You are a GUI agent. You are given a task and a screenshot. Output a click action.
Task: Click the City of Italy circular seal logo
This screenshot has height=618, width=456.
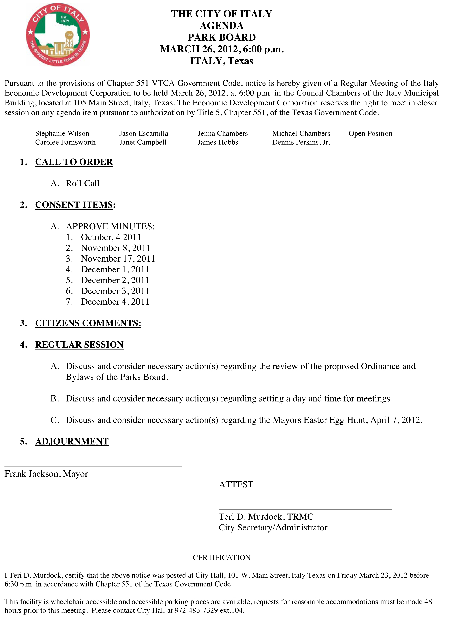pyautogui.click(x=58, y=34)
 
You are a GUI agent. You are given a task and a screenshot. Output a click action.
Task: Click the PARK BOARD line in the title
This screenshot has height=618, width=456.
pyautogui.click(x=222, y=37)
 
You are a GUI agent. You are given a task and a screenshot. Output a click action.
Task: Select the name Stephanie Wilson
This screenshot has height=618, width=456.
pyautogui.click(x=62, y=134)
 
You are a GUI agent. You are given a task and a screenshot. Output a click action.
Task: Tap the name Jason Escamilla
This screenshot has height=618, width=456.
pyautogui.click(x=144, y=134)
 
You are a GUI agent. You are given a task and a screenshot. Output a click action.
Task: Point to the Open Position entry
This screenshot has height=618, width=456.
pyautogui.click(x=370, y=134)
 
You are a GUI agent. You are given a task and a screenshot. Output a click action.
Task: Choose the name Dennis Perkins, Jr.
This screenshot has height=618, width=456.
pyautogui.click(x=301, y=142)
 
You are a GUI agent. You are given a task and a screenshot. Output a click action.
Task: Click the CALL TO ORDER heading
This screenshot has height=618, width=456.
pyautogui.click(x=74, y=162)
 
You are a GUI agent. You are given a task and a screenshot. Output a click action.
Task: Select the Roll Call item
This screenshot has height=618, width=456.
pyautogui.click(x=83, y=184)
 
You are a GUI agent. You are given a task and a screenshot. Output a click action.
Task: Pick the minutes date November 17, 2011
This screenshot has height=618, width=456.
pyautogui.click(x=118, y=259)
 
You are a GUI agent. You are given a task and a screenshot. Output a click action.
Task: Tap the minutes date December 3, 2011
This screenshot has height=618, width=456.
pyautogui.click(x=115, y=291)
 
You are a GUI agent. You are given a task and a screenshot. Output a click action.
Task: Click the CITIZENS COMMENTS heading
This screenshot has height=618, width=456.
pyautogui.click(x=88, y=323)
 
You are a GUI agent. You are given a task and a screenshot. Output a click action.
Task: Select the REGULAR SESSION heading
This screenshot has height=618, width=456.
pyautogui.click(x=79, y=345)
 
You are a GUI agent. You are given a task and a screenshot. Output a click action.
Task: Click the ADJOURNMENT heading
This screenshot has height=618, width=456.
pyautogui.click(x=72, y=442)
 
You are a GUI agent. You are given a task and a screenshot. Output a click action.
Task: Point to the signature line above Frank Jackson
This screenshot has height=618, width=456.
pyautogui.click(x=93, y=466)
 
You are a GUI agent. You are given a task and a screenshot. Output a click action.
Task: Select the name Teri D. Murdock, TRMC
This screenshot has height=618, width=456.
pyautogui.click(x=266, y=517)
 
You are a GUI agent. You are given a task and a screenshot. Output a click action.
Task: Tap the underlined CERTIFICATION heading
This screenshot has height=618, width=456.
pyautogui.click(x=221, y=558)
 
